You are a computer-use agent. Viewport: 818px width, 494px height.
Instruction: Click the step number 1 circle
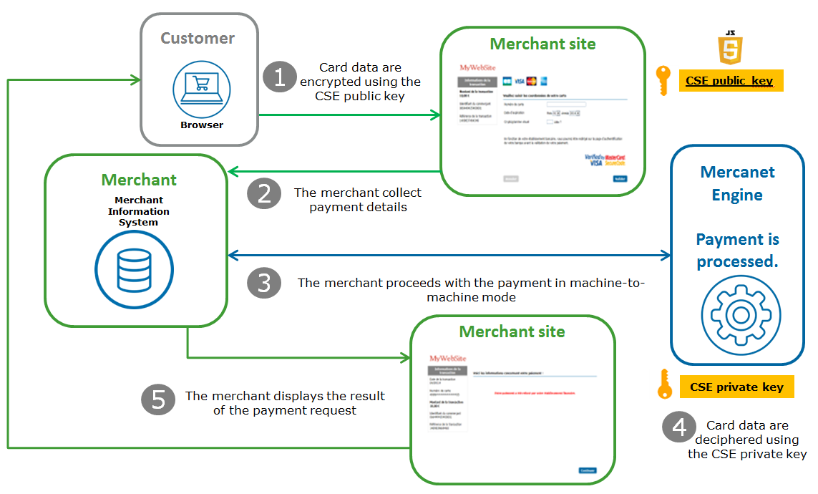click(x=280, y=77)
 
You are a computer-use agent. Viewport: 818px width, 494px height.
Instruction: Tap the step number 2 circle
click(x=264, y=193)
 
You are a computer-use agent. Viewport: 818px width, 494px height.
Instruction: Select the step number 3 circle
click(x=264, y=284)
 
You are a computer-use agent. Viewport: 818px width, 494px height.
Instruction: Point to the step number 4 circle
click(x=678, y=427)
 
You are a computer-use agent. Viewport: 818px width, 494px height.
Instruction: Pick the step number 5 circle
click(x=158, y=399)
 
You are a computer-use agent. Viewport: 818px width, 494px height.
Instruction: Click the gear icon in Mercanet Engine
click(x=736, y=314)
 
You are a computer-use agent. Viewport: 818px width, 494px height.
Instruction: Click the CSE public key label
click(x=729, y=81)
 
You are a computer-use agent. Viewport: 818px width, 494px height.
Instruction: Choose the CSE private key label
click(x=736, y=387)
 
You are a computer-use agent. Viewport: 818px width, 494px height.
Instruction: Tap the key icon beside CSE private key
click(x=663, y=384)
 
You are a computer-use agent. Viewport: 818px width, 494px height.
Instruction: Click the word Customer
click(x=198, y=38)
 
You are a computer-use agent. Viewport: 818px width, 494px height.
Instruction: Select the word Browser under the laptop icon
click(x=201, y=125)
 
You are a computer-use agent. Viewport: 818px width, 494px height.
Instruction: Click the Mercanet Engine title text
click(x=737, y=183)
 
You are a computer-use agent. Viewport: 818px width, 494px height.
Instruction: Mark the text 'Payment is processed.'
click(x=737, y=251)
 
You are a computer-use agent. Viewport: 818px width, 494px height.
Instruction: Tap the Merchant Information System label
click(x=139, y=211)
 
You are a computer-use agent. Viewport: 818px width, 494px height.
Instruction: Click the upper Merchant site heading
click(x=542, y=44)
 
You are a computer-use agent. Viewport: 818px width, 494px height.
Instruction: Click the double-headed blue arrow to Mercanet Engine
click(x=449, y=256)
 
